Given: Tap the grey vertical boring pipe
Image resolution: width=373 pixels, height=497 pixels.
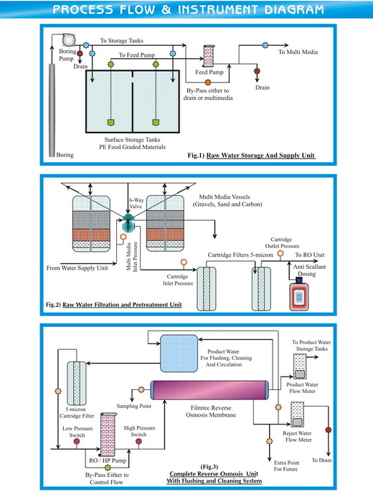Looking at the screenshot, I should click(x=51, y=108).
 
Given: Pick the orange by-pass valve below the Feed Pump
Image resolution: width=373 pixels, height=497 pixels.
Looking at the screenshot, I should click(x=208, y=82).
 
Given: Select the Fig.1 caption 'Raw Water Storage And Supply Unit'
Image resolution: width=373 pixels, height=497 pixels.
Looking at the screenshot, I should click(x=261, y=155).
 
